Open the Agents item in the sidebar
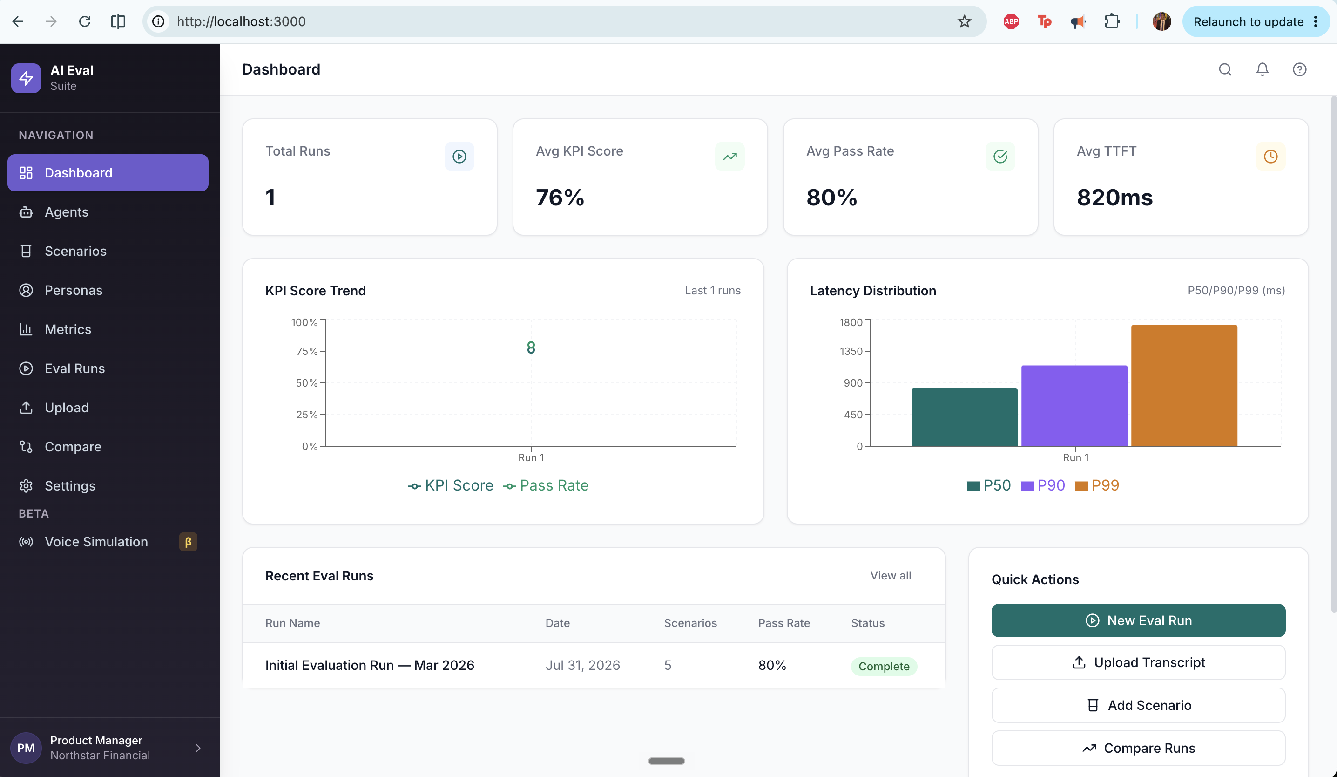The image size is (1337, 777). [x=66, y=212]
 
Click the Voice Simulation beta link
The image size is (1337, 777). [x=96, y=541]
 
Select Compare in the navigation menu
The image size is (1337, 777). [x=73, y=446]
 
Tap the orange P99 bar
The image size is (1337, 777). [x=1184, y=385]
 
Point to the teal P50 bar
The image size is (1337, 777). [x=964, y=417]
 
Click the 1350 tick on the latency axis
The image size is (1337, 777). [x=851, y=351]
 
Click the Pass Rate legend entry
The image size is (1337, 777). [x=546, y=485]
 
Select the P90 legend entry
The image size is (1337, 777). [x=1043, y=485]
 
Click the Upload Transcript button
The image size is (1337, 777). [x=1138, y=662]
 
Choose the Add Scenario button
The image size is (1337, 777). [x=1138, y=705]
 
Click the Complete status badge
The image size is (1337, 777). [x=884, y=666]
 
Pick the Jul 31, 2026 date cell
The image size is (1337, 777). [x=582, y=665]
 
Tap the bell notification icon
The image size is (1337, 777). [x=1262, y=69]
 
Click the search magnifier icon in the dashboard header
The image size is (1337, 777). [x=1225, y=69]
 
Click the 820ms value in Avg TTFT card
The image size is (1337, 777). [x=1114, y=198]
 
